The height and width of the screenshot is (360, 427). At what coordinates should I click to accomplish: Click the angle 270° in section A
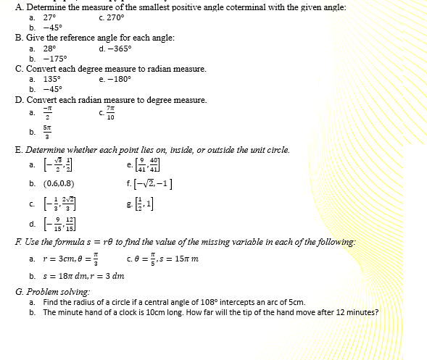click(115, 17)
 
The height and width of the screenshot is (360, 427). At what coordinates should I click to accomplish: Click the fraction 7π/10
click(111, 112)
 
